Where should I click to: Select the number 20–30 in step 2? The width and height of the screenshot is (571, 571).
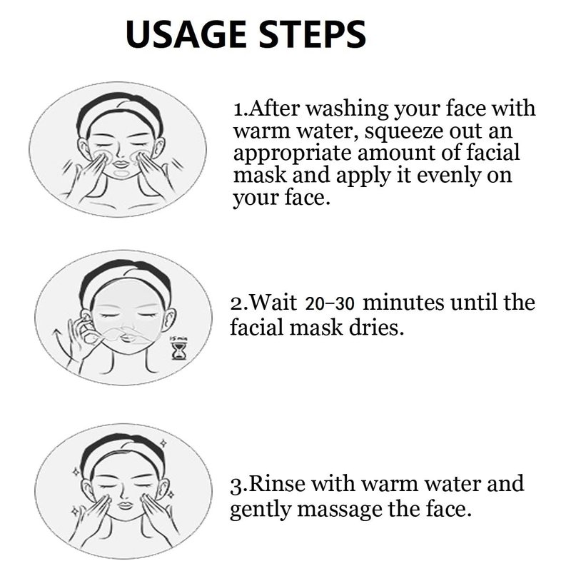329,304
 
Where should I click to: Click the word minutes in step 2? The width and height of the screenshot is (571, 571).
403,303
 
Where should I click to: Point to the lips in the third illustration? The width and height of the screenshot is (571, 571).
125,506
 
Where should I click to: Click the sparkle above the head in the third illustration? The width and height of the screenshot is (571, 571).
164,443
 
